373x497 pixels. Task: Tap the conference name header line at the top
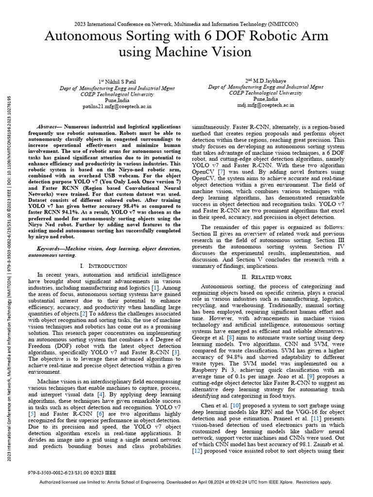pos(186,23)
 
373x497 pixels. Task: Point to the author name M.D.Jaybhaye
pos(266,80)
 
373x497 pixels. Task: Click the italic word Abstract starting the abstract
pos(48,125)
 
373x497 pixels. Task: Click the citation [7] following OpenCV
pos(221,172)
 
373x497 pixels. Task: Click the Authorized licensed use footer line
pos(186,482)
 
